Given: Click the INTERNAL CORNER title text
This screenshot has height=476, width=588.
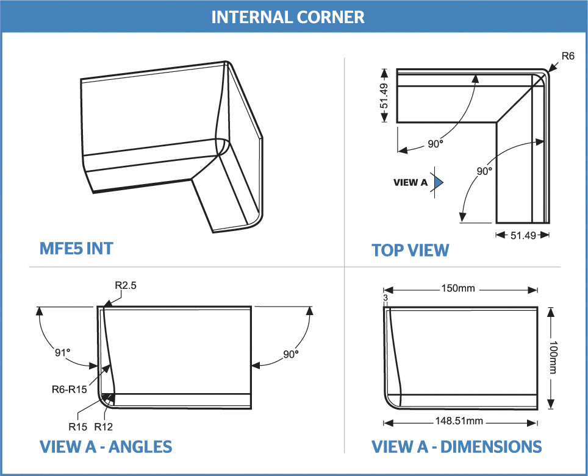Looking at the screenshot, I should [x=287, y=16].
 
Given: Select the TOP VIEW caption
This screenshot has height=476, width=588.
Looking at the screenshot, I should [x=410, y=250].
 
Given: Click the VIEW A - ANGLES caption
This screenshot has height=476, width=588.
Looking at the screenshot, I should [x=106, y=447].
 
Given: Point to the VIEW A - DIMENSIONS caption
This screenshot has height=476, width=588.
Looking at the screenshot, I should [x=456, y=447].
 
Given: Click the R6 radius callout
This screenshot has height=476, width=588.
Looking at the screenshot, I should [x=568, y=55].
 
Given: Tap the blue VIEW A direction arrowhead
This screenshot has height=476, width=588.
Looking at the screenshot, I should [x=438, y=182].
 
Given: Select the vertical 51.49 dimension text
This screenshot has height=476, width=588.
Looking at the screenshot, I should [x=384, y=96].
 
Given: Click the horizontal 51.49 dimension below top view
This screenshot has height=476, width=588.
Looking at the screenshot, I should [x=523, y=235].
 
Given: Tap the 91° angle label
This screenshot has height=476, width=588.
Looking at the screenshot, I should [x=63, y=352].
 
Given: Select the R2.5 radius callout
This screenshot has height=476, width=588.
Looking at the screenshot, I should [x=126, y=285].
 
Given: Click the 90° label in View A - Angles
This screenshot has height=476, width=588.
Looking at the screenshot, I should [x=290, y=354].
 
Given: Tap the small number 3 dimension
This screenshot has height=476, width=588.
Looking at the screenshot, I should [x=385, y=297].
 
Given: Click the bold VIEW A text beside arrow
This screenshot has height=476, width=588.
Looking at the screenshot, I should [x=411, y=182].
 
